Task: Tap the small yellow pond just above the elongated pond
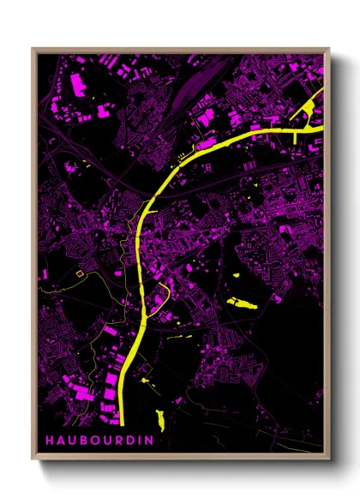[x=237, y=275]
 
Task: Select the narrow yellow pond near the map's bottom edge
[x=159, y=419]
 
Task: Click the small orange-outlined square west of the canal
[x=80, y=274]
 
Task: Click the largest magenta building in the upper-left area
[x=75, y=85]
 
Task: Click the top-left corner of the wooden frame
[x=33, y=49]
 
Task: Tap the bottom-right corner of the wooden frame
[x=329, y=458]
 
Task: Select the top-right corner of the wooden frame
[x=329, y=49]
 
